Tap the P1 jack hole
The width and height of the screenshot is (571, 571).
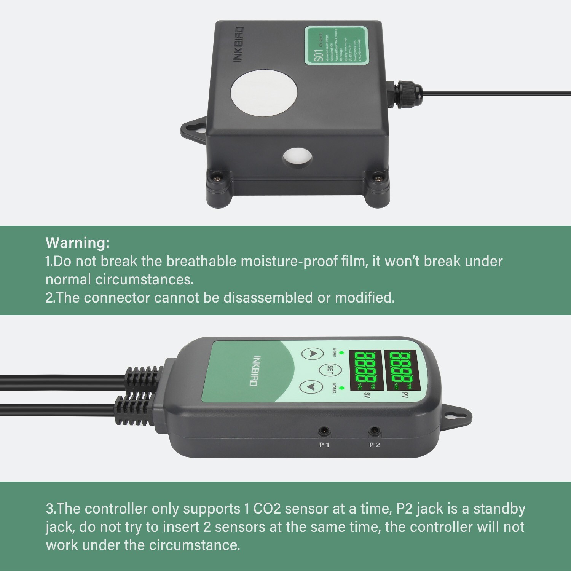[324, 432]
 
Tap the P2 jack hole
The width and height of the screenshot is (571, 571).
[375, 432]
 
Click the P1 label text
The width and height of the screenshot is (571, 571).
[324, 445]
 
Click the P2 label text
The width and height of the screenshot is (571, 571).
[375, 445]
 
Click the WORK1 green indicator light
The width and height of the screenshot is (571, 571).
[341, 353]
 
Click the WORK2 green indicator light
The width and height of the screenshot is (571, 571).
[341, 388]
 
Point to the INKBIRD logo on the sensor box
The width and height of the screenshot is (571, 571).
[238, 44]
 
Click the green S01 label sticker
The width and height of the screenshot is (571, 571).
[337, 45]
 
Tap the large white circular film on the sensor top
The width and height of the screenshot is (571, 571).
[264, 93]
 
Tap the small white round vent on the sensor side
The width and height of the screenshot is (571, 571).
[297, 157]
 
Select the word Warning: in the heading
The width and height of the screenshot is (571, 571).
[78, 242]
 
